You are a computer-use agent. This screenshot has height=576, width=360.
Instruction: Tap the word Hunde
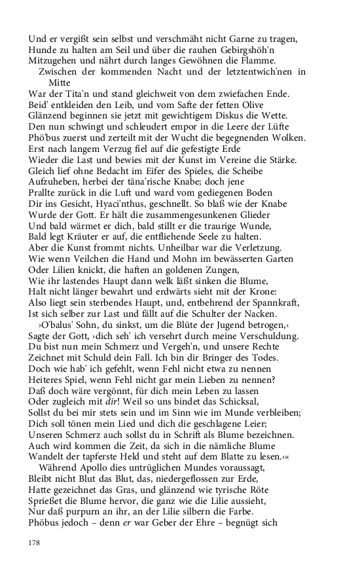tap(43, 50)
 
